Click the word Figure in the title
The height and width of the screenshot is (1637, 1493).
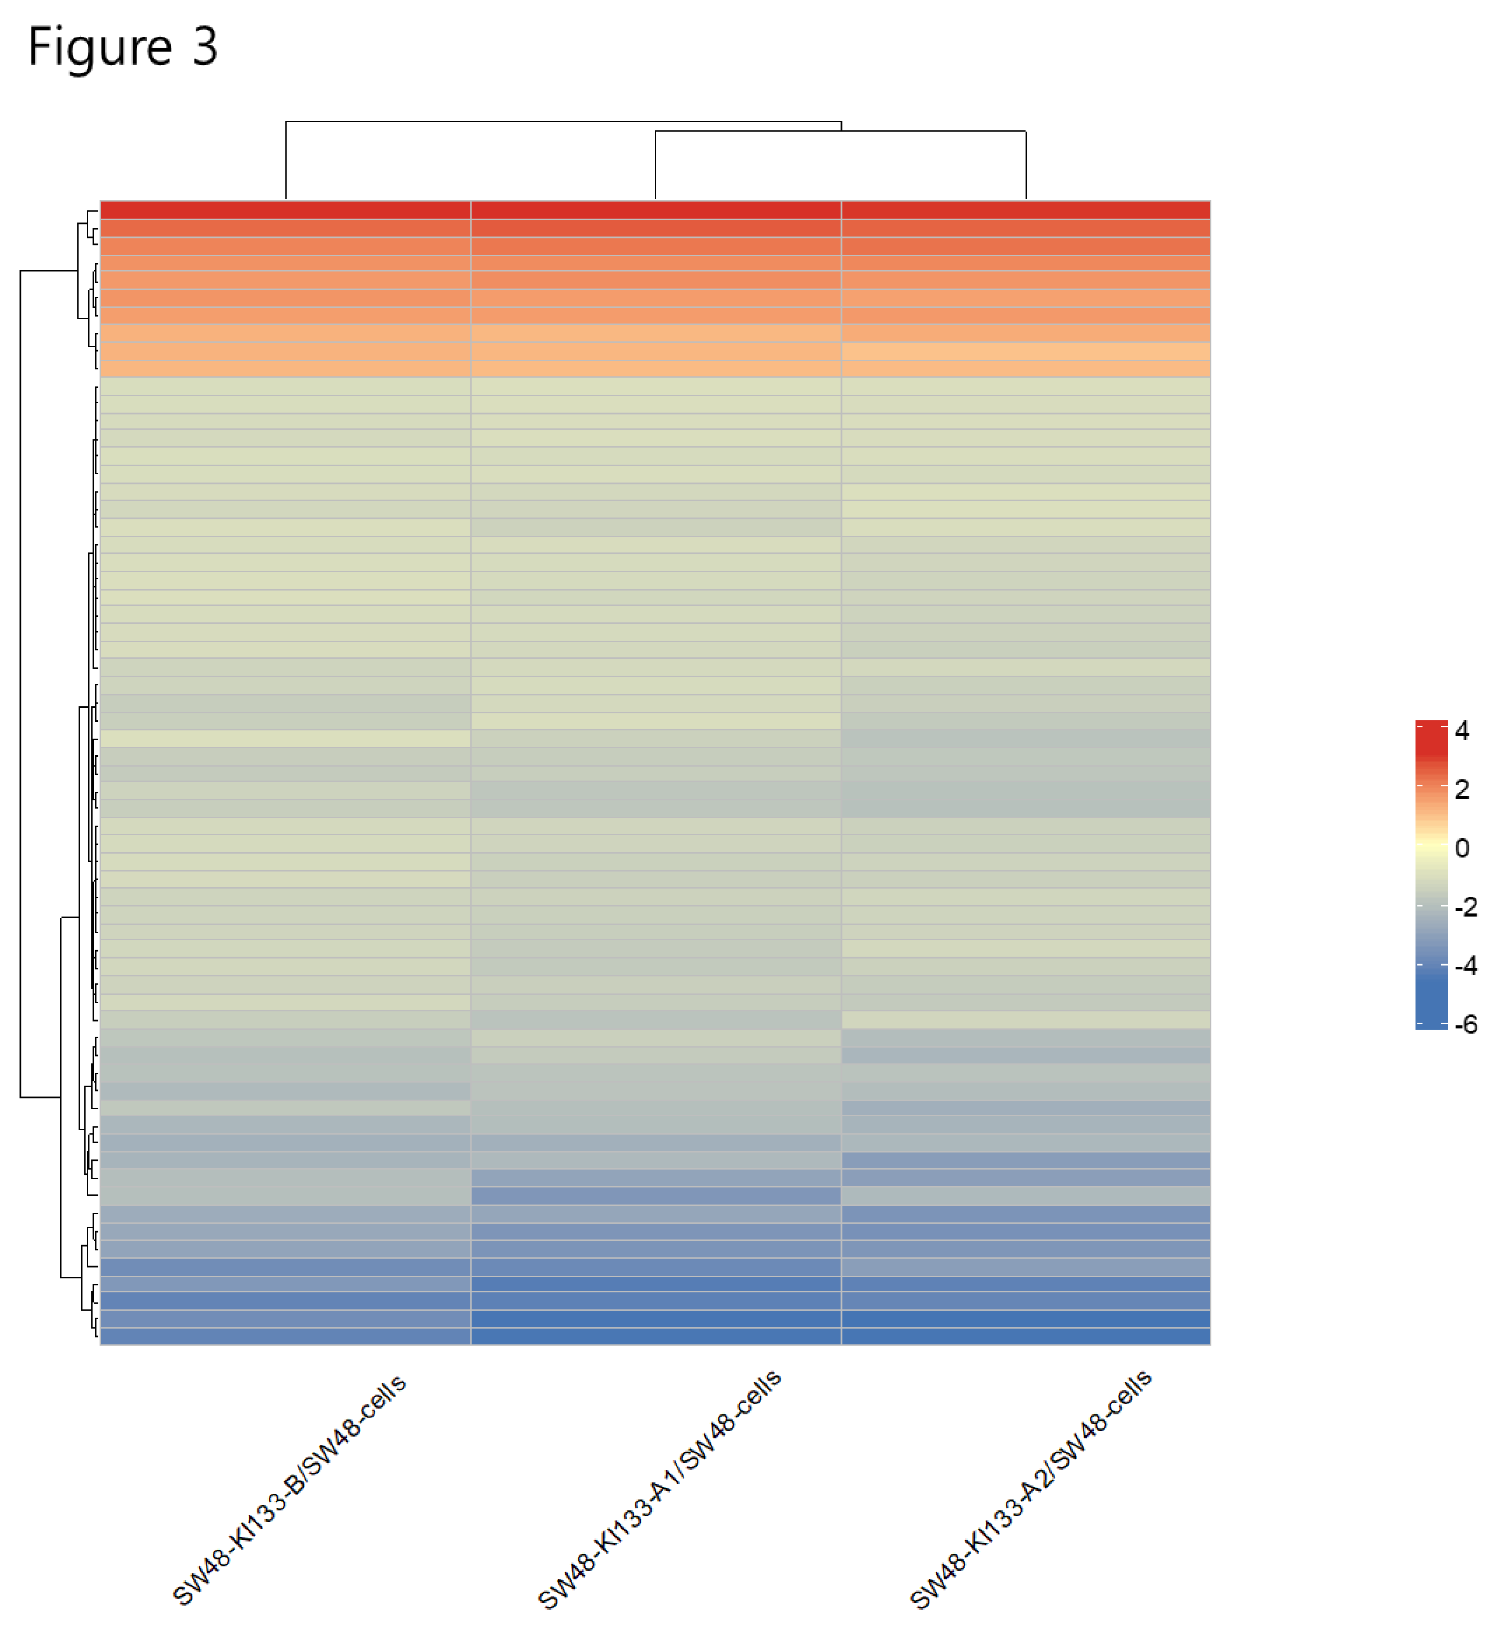pos(99,47)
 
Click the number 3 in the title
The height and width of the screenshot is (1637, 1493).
pos(205,46)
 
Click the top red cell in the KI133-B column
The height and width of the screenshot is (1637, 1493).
pos(285,209)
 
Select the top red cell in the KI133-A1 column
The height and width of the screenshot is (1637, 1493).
pos(656,209)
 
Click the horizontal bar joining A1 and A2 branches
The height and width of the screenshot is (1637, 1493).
pos(840,131)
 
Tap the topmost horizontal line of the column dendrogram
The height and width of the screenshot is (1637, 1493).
pos(563,122)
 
